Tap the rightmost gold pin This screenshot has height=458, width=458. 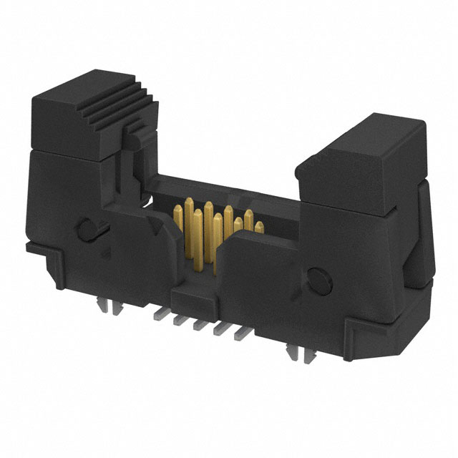click(x=257, y=228)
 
